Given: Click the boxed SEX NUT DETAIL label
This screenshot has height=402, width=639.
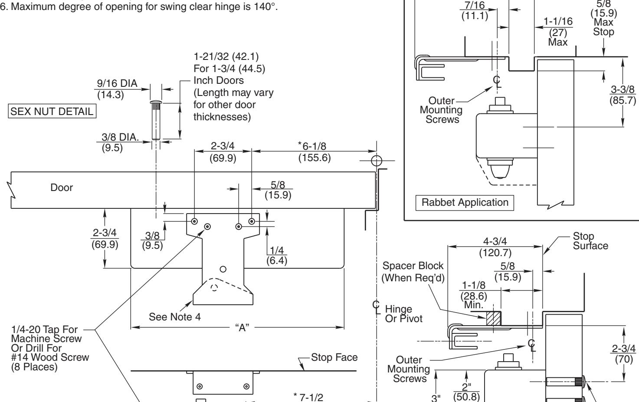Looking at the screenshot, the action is pos(52,111).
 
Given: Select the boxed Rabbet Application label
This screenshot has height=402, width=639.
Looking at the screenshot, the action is pos(465,202).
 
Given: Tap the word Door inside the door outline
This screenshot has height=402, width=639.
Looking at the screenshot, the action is pos(62,188).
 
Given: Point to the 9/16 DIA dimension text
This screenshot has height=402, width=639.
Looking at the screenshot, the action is pos(117,83).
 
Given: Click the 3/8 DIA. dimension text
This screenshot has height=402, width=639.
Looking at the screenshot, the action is pos(120,137).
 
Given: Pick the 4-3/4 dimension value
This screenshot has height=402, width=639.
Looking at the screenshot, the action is pos(495,241).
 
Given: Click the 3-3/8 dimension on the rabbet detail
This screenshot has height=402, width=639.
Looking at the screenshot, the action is pos(623,89).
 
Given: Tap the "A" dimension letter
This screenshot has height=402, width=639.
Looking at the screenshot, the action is pos(242,327).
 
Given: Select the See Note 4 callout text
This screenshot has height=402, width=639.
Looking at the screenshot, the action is pos(174,316).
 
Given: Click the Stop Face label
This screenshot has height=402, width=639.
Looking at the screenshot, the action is pos(334,357).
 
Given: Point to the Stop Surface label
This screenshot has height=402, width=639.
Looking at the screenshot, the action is pos(590,241).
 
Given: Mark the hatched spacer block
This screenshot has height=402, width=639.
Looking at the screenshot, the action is pos(494,318).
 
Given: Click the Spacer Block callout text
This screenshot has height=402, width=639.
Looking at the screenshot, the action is pos(413,271).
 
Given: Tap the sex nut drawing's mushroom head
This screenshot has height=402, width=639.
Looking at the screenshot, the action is pos(156,102).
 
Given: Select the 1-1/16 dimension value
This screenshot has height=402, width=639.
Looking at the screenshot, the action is pos(558,21).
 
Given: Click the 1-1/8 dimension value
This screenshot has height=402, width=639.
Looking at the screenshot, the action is pos(474,285).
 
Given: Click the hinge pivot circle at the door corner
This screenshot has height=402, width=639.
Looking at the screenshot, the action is pos(377,161).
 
